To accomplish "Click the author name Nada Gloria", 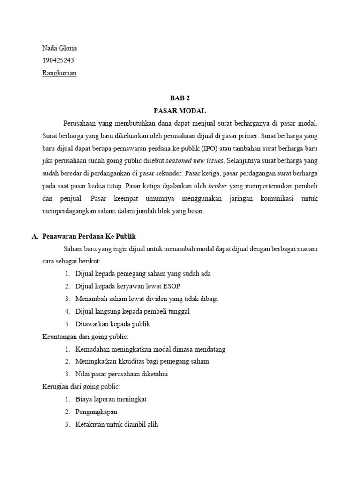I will click(60, 48).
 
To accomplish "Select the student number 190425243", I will click(58, 60).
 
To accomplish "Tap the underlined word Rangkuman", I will click(59, 73).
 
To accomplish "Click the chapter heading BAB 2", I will click(180, 98).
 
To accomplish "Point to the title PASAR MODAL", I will click(180, 111).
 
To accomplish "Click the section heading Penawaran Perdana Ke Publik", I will click(89, 236).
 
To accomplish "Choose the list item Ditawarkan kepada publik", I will click(113, 324).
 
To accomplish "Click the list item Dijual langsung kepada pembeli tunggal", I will click(133, 311).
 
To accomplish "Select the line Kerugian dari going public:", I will click(81, 387).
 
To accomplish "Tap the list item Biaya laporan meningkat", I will click(111, 399).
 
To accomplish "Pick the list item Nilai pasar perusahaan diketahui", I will click(121, 374).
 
